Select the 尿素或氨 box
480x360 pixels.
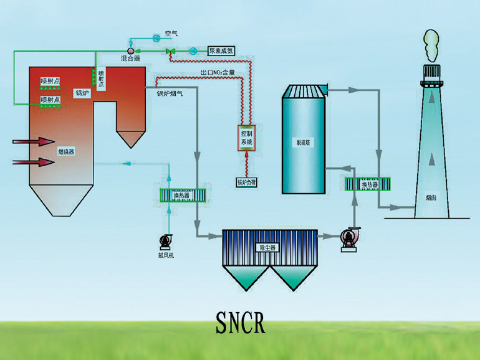(221, 51)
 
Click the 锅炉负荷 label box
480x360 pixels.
(247, 182)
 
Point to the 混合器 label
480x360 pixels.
(130, 58)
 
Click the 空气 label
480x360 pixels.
(171, 34)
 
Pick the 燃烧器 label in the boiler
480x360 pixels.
(66, 151)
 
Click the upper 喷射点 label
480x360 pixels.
(50, 80)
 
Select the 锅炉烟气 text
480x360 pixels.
(170, 93)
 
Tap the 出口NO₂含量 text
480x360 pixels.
(218, 73)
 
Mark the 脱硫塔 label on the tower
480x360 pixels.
(304, 143)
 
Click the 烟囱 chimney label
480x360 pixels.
(431, 197)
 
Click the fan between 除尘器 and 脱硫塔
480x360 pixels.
(348, 239)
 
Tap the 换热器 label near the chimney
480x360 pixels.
(368, 184)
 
